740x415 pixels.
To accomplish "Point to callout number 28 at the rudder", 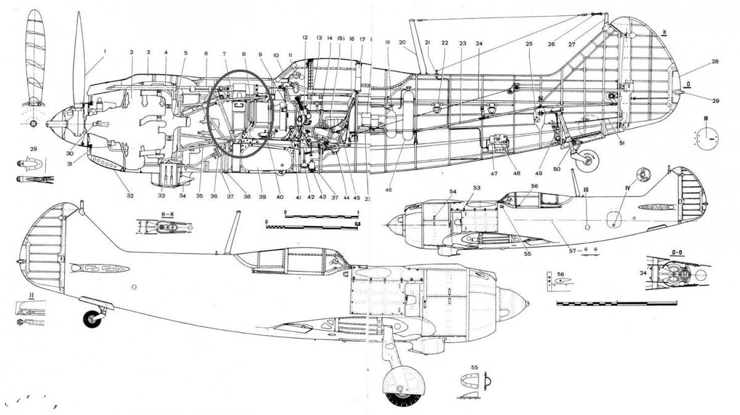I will [x=697, y=62].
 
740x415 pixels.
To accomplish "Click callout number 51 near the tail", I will [x=622, y=143].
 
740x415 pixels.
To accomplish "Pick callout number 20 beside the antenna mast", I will [x=402, y=43].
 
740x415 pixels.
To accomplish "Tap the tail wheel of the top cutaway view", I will [x=588, y=160].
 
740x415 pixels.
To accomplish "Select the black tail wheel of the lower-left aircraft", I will [x=93, y=319].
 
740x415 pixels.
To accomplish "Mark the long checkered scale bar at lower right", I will [x=617, y=304].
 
